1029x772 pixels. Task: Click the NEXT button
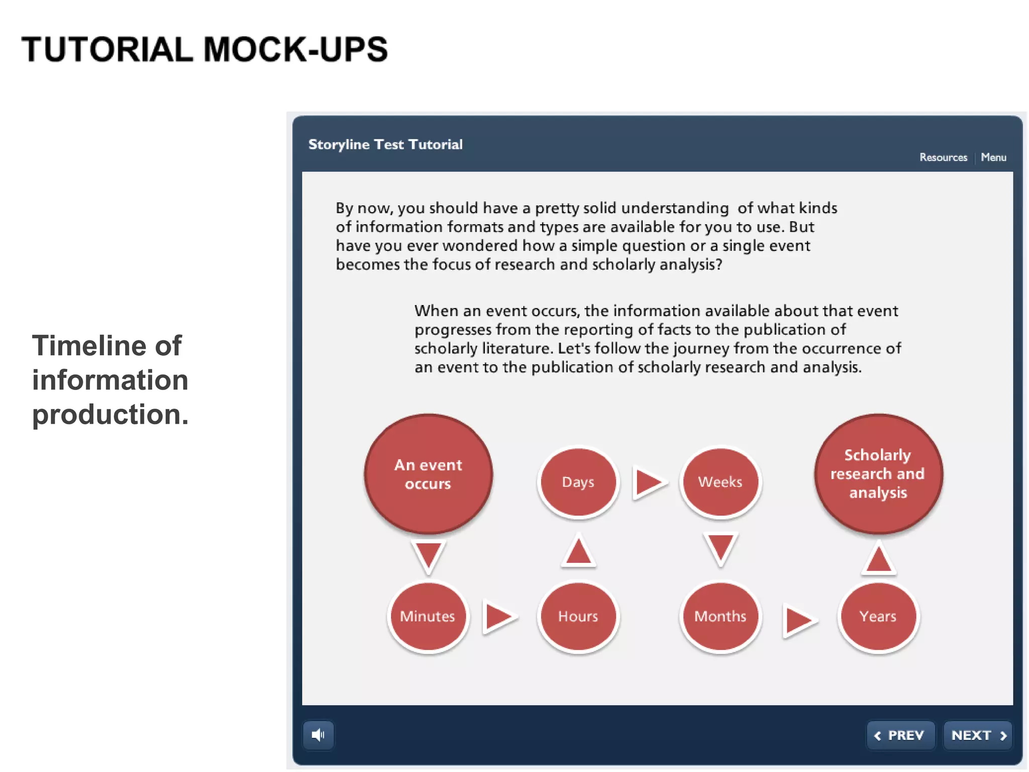978,735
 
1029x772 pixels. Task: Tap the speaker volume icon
318,735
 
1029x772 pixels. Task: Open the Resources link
943,157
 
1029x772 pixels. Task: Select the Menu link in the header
993,157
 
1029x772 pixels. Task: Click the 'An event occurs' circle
428,474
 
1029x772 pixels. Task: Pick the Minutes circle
428,616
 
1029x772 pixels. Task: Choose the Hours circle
578,616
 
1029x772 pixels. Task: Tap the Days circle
578,482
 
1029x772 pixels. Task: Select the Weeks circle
721,482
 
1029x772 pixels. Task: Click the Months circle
721,616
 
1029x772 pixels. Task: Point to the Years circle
878,616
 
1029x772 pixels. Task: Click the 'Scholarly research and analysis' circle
878,474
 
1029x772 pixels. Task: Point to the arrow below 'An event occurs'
428,555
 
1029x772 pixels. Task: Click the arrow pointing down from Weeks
721,548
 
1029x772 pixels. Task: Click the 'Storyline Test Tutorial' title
385,144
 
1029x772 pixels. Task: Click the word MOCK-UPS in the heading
295,49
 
